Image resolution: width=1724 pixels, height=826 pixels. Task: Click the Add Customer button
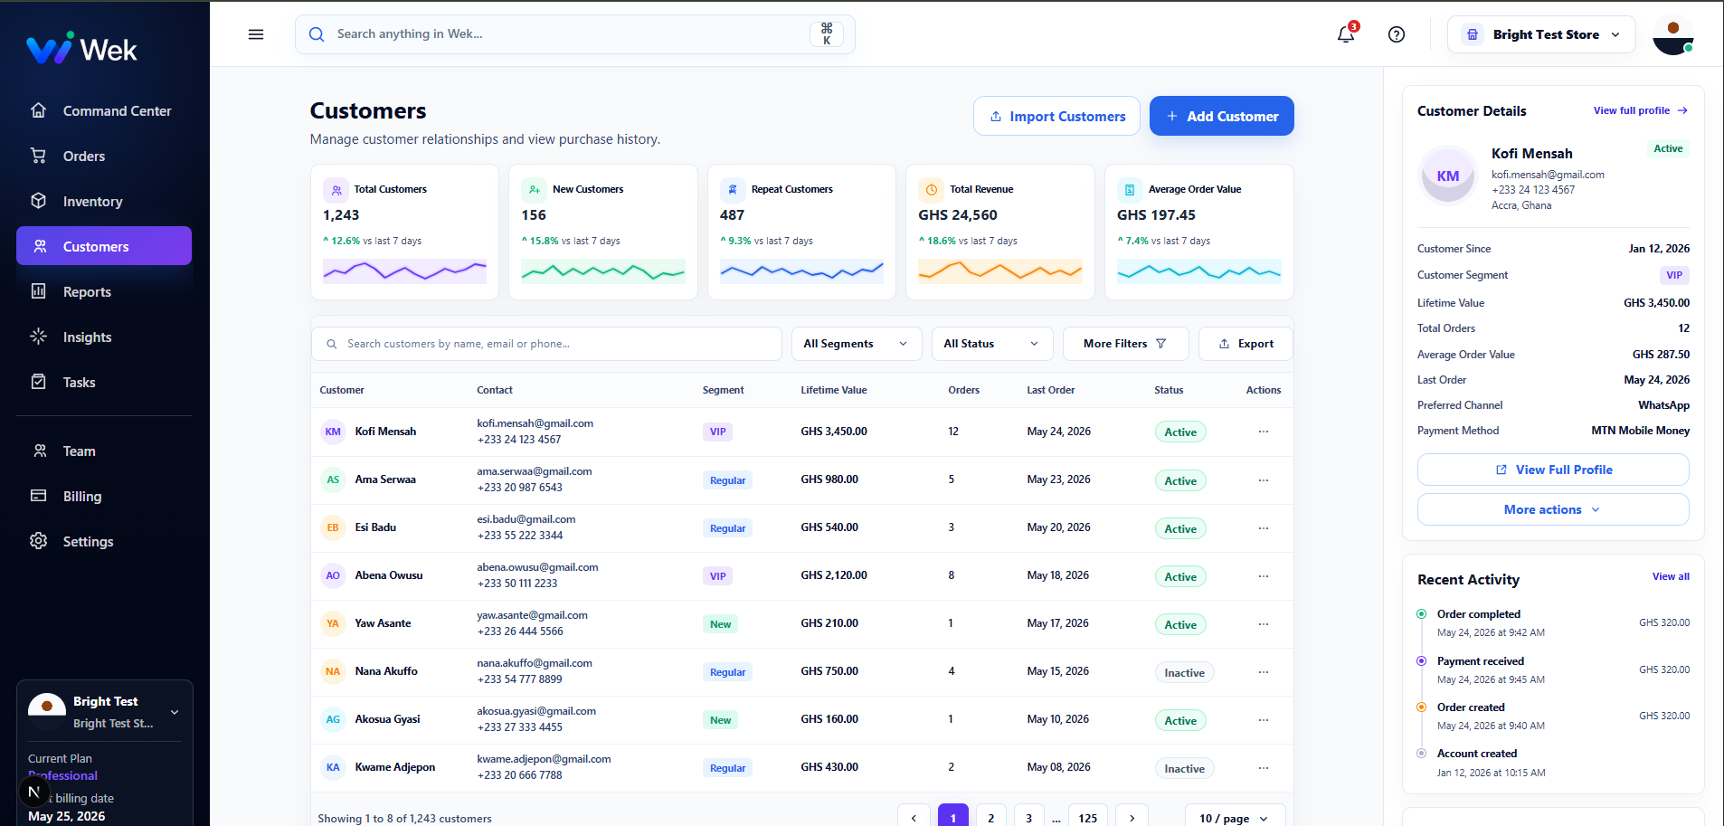point(1221,116)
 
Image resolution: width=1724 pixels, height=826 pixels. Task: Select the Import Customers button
point(1056,116)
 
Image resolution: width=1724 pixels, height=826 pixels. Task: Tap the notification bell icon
point(1346,34)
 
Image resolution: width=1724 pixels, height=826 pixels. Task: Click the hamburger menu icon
point(256,34)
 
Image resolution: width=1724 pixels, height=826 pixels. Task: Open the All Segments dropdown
point(857,344)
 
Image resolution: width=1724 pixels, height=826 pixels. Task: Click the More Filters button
point(1125,344)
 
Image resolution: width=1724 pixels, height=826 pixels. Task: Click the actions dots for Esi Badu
point(1264,528)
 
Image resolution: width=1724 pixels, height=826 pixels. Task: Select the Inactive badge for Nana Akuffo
point(1184,672)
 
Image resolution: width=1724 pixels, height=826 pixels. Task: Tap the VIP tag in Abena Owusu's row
point(717,576)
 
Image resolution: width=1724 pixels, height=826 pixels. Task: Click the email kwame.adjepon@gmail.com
point(544,759)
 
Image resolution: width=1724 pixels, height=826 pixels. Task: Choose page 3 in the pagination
point(1028,816)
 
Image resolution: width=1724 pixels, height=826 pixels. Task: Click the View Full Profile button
point(1553,470)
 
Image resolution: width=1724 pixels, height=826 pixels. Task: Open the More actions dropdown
point(1553,509)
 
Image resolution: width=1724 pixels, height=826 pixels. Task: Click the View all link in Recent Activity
point(1671,576)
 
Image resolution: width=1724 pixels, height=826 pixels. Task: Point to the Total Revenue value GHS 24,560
point(958,215)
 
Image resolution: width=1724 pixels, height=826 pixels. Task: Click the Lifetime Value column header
point(833,390)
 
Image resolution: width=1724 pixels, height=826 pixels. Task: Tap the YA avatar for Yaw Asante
point(333,623)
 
